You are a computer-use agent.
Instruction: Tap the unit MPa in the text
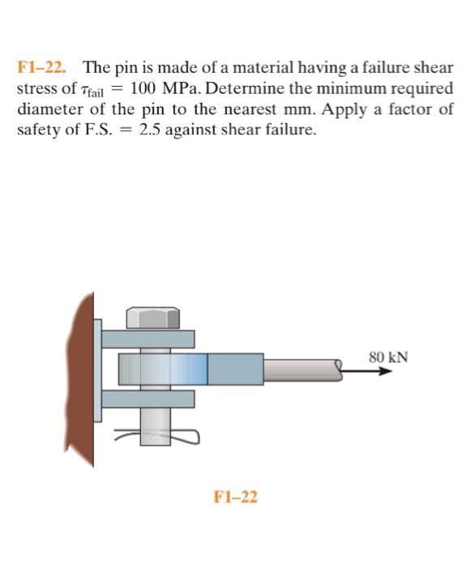coord(185,90)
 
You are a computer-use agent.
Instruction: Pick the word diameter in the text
coord(48,110)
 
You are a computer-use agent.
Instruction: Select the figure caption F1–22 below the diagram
coord(235,496)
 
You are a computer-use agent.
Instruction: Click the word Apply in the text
coord(344,110)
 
